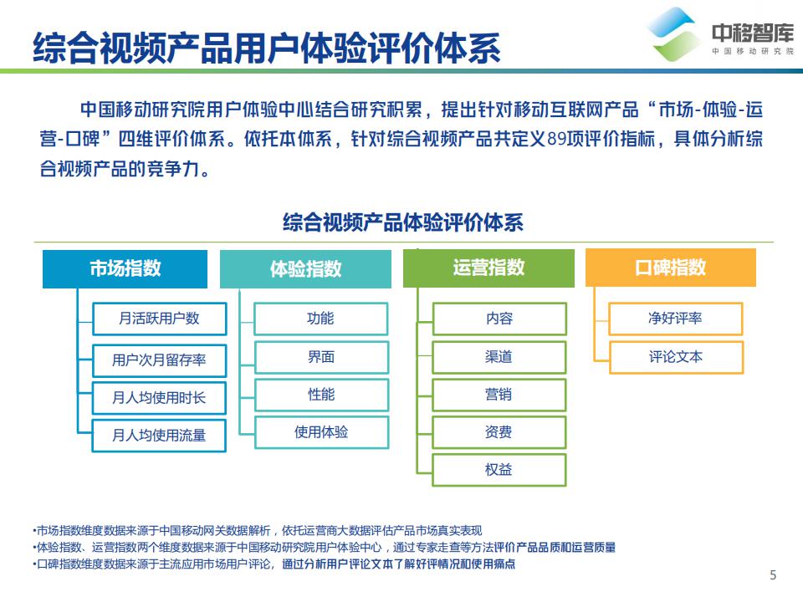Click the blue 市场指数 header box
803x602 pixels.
[125, 268]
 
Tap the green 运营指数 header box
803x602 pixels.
[488, 268]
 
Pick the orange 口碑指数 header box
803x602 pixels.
[670, 268]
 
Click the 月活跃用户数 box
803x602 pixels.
[159, 318]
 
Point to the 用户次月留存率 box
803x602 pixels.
[159, 360]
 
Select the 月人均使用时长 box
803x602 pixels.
[159, 398]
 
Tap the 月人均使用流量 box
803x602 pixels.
[159, 435]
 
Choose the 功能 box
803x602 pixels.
[321, 319]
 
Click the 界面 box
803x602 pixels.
[321, 357]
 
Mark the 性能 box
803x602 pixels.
[321, 395]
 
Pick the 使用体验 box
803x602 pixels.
[321, 432]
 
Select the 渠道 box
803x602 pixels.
[499, 357]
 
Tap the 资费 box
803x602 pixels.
[499, 432]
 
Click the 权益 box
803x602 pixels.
[499, 470]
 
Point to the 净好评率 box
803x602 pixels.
[675, 319]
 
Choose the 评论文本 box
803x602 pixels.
[675, 357]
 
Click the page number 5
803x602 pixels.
[773, 574]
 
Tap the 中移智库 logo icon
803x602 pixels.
[674, 34]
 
